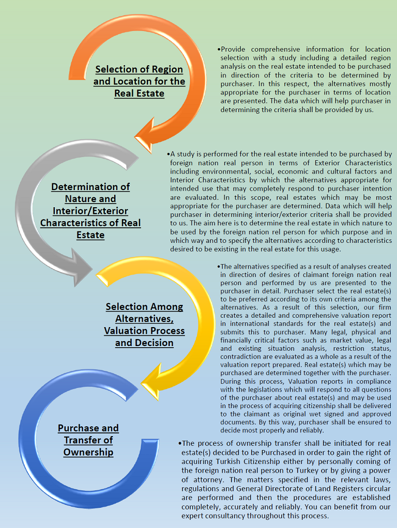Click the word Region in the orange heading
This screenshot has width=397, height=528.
pos(167,69)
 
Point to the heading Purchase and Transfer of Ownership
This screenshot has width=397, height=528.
pos(88,440)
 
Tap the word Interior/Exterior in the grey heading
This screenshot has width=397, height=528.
pos(90,211)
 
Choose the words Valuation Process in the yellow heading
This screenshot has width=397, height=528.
pos(144,331)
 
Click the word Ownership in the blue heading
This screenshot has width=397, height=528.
pos(88,452)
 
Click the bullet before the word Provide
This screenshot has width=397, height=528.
pos(219,50)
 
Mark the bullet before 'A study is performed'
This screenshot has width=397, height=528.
pos(169,154)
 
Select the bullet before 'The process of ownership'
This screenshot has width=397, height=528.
pos(180,443)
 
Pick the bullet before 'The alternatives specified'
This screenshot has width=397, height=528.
pos(219,267)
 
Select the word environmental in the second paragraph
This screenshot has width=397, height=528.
pos(222,172)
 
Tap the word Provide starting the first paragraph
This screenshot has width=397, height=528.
pos(233,50)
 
